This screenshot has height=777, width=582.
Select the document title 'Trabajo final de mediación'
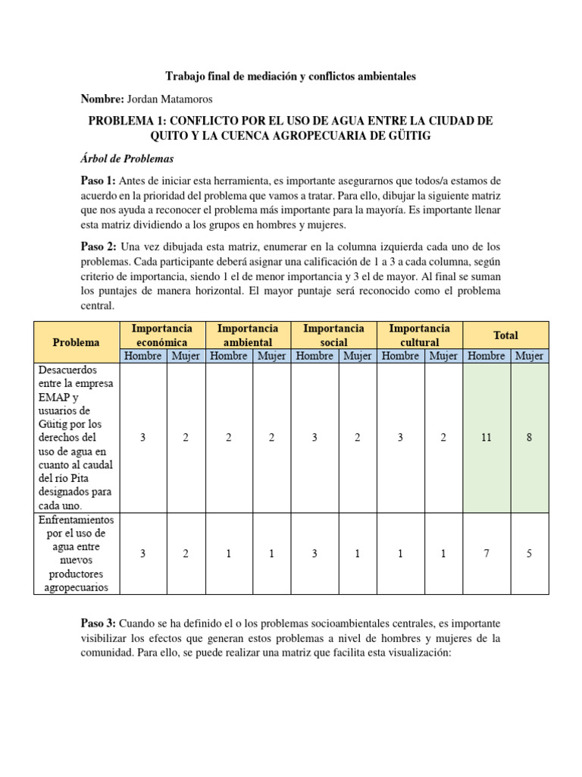tap(290, 77)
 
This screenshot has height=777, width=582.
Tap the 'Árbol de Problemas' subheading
tap(127, 159)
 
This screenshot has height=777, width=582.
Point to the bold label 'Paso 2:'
tap(98, 248)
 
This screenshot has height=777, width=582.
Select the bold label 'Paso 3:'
tap(98, 623)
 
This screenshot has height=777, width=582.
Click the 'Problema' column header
tap(76, 342)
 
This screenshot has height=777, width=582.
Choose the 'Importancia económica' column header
tap(161, 335)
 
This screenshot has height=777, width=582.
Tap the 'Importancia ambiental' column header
tap(248, 335)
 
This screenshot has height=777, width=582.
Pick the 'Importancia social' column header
tap(333, 335)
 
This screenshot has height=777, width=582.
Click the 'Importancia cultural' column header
tap(419, 335)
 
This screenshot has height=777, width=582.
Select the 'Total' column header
tap(505, 335)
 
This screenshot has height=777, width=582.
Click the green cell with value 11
tap(487, 438)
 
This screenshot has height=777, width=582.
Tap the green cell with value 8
tap(530, 438)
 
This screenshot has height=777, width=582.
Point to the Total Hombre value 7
tap(487, 554)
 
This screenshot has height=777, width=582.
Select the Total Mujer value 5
tap(530, 554)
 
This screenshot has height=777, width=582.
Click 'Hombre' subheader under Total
tap(487, 356)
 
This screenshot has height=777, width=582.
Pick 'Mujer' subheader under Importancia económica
tap(186, 356)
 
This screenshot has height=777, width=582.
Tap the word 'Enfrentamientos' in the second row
tap(75, 520)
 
